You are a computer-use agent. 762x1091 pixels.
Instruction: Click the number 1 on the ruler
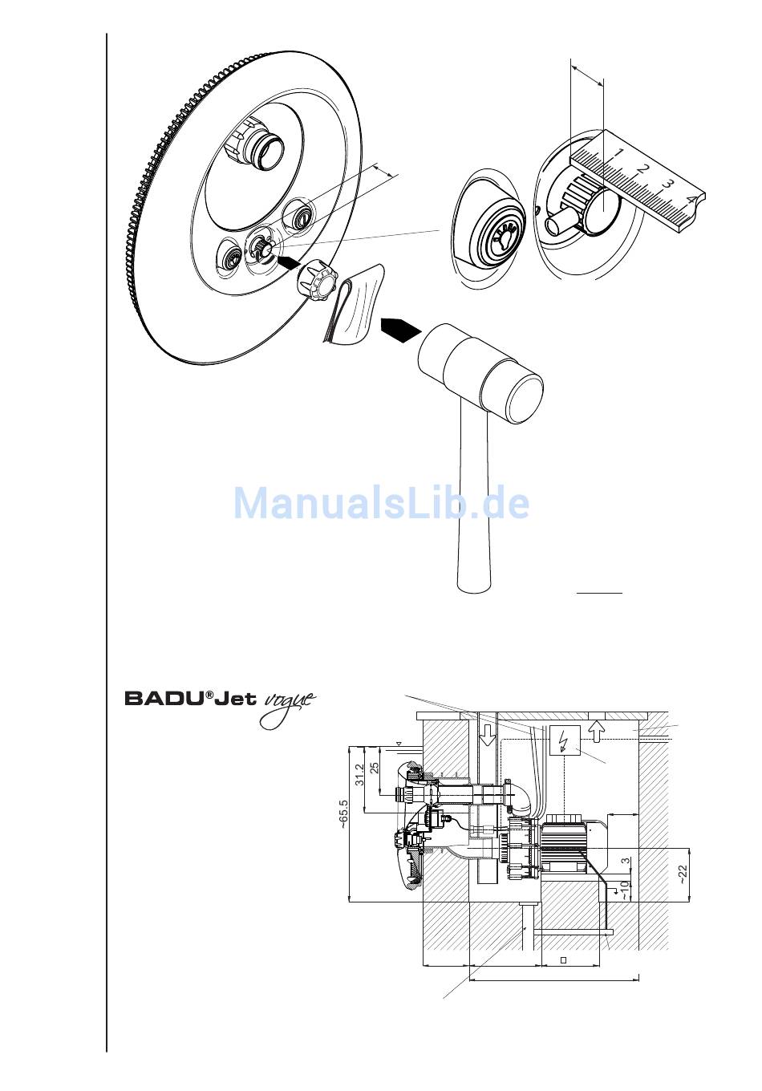[x=618, y=152]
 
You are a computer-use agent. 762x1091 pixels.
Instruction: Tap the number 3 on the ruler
[x=667, y=184]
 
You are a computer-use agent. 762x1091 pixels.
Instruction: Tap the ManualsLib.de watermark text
[x=381, y=503]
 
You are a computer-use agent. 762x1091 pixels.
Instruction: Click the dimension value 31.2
[x=360, y=773]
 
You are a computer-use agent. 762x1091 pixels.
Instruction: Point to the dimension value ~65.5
[x=343, y=814]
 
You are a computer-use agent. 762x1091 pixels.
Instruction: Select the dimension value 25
[x=375, y=760]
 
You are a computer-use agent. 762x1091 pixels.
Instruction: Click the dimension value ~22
[x=683, y=874]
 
